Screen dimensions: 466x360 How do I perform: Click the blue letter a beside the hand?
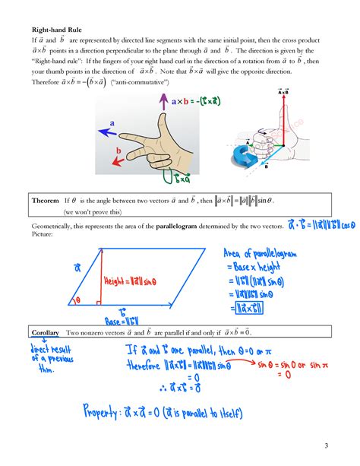pos(112,123)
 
